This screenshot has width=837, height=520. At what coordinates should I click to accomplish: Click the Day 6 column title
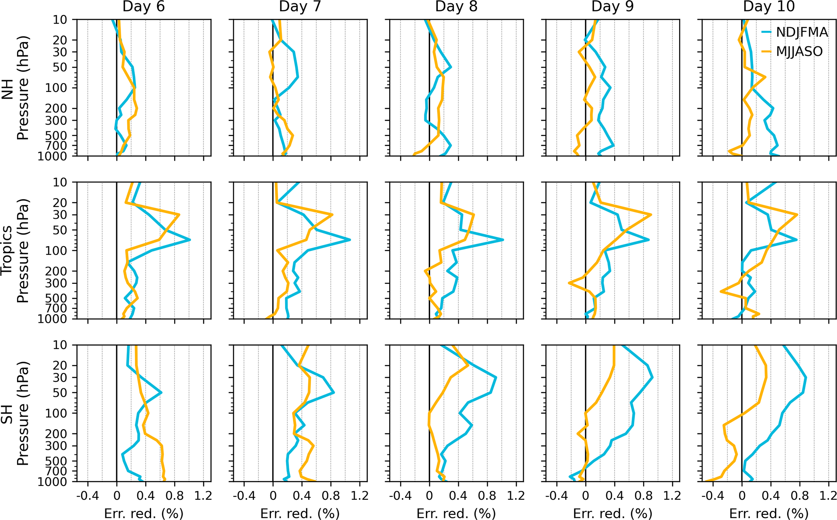click(143, 7)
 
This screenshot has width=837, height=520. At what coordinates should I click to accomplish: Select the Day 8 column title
click(456, 7)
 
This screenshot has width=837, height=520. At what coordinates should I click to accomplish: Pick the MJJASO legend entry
click(799, 51)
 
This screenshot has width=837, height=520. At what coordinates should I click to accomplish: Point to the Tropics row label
click(7, 251)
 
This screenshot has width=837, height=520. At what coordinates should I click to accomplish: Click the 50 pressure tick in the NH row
click(60, 68)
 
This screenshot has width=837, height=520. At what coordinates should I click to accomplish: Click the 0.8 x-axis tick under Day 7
click(331, 496)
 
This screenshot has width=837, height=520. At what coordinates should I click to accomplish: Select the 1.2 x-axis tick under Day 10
click(828, 496)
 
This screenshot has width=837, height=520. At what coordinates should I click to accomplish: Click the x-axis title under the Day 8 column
click(456, 514)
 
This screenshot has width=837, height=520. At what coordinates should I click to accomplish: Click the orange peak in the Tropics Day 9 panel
click(651, 215)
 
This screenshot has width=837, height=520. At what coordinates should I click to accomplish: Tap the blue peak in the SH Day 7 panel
click(334, 392)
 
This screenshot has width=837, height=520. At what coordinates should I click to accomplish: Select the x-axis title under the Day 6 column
click(143, 514)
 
